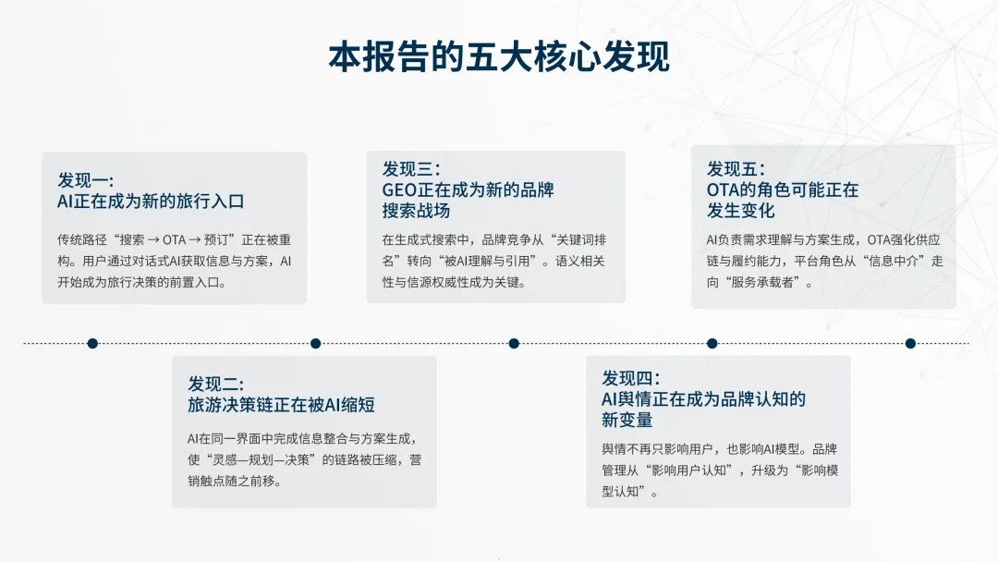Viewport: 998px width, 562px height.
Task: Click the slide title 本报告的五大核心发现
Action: (x=499, y=57)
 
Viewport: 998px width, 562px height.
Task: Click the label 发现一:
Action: (x=85, y=180)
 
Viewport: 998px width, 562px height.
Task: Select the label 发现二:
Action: (x=215, y=385)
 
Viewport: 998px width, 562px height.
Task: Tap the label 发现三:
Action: (x=410, y=169)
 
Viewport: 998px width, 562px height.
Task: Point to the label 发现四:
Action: (x=630, y=378)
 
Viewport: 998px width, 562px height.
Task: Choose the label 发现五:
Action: (x=736, y=169)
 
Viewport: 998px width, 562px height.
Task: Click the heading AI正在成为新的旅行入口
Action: (x=151, y=202)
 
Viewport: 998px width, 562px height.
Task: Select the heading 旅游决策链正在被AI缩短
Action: (x=281, y=405)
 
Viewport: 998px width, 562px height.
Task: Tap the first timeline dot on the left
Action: (x=92, y=343)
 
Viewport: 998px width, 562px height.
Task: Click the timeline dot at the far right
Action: (x=910, y=343)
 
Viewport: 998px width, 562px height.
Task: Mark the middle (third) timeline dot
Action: (x=514, y=343)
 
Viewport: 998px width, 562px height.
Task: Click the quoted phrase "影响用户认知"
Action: (x=685, y=470)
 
